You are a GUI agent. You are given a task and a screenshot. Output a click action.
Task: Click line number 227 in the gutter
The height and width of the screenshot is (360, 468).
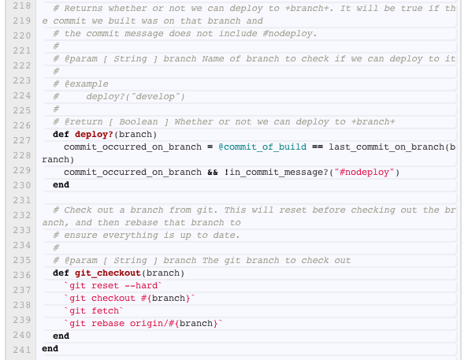point(22,140)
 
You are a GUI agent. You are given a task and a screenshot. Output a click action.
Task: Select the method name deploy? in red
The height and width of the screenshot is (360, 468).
point(94,135)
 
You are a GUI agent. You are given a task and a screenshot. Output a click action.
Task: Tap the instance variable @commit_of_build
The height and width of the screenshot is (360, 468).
point(262,147)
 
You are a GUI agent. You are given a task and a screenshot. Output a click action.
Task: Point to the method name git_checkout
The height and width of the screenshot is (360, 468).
point(108,273)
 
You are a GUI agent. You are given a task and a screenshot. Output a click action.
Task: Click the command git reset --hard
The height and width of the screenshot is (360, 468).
point(113,286)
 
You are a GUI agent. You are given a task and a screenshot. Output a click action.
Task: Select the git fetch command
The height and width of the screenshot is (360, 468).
point(94,310)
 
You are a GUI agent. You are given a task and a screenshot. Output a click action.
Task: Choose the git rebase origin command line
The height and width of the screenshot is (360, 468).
point(143,323)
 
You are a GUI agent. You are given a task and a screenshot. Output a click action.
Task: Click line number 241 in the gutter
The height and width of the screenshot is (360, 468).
point(22,350)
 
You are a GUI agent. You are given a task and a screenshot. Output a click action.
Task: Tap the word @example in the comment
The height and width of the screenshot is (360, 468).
point(86,84)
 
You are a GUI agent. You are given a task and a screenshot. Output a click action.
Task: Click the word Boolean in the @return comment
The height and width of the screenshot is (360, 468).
point(139,122)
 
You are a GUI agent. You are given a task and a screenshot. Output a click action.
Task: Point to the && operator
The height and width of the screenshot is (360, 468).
point(213,173)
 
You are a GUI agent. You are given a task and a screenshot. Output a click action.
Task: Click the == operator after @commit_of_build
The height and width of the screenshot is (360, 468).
point(318,147)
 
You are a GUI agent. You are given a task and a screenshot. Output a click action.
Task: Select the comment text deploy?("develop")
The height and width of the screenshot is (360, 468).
point(136,97)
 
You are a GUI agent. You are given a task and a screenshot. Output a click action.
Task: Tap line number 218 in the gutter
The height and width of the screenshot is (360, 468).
point(22,6)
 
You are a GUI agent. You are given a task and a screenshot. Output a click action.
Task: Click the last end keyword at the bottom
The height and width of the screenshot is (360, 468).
point(50,348)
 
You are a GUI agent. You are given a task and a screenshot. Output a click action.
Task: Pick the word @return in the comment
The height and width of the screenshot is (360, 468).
point(84,122)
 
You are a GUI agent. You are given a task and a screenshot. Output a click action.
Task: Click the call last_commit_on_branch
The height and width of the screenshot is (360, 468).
point(387,147)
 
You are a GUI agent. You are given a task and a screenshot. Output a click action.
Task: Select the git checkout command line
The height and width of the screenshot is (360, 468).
point(129,299)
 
